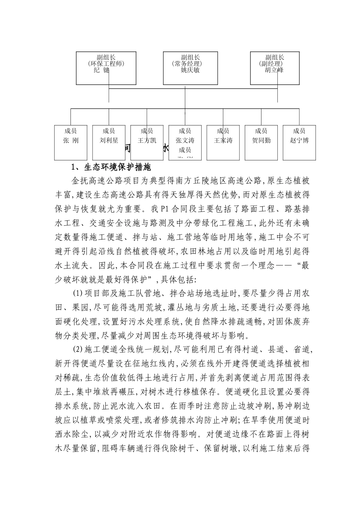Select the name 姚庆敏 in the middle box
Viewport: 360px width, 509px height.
point(190,70)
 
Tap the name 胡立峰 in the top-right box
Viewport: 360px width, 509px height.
point(274,70)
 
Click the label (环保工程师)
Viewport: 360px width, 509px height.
point(106,64)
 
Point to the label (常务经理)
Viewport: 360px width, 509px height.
point(190,64)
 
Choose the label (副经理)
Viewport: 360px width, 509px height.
point(271,64)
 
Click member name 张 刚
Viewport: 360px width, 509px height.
point(70,141)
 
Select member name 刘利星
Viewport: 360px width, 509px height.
point(109,141)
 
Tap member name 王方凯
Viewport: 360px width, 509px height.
point(147,141)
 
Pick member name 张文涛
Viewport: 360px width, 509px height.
point(185,141)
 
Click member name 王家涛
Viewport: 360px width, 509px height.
point(223,141)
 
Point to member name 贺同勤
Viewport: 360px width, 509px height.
point(261,141)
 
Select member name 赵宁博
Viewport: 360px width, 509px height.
point(299,141)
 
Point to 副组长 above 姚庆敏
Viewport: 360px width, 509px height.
point(190,57)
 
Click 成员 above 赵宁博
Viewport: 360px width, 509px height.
point(299,131)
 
